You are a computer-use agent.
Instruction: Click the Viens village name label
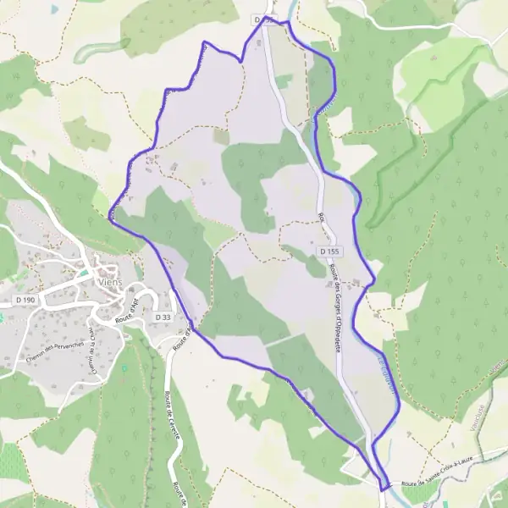(109, 284)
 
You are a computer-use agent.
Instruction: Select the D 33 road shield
(163, 316)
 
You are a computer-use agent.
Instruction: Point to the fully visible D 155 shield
(330, 252)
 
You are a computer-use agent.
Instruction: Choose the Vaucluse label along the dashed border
(483, 418)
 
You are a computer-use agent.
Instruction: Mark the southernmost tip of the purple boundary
(384, 489)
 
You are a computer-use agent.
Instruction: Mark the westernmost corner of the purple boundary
(110, 213)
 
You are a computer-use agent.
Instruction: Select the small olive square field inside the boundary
(220, 136)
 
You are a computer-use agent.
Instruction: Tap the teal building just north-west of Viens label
(84, 273)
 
